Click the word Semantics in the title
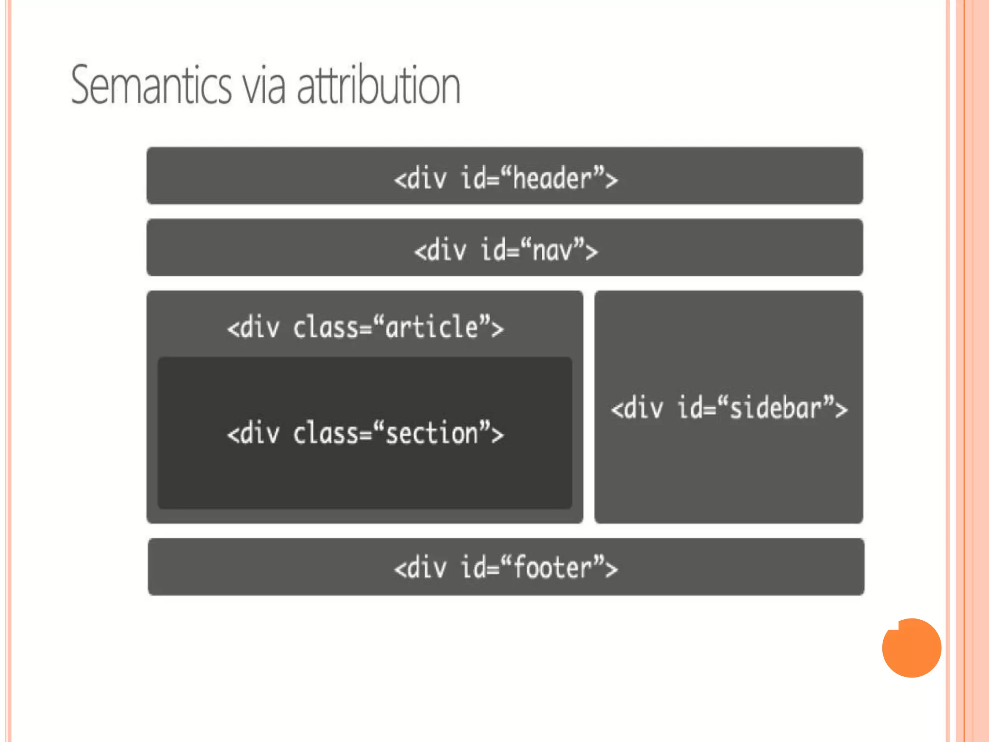tap(151, 86)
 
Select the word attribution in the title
tap(378, 86)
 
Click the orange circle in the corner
tap(911, 647)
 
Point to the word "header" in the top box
tap(551, 178)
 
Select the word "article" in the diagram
tap(432, 328)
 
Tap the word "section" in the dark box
tap(432, 433)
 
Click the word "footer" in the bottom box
tap(552, 568)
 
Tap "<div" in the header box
tap(420, 178)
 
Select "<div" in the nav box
tap(440, 251)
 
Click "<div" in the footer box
tap(420, 568)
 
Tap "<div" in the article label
tap(254, 328)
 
